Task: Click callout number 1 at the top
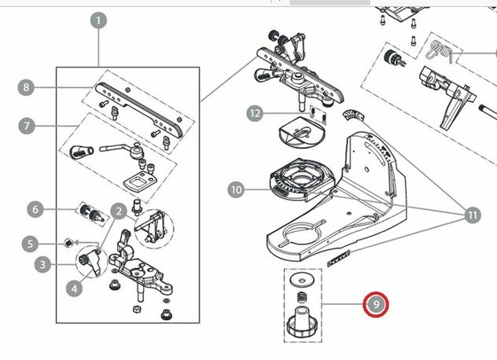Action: [98, 20]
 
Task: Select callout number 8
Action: [27, 88]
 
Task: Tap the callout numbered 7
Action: [27, 125]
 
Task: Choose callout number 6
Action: [35, 209]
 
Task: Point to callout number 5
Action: [30, 244]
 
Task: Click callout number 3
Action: [42, 265]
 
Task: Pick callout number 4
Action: [74, 288]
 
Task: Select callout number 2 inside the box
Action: [118, 210]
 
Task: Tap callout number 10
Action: [237, 189]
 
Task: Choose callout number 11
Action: [473, 215]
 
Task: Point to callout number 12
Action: [254, 113]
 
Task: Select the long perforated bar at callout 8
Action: [142, 106]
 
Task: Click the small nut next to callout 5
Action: [69, 241]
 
